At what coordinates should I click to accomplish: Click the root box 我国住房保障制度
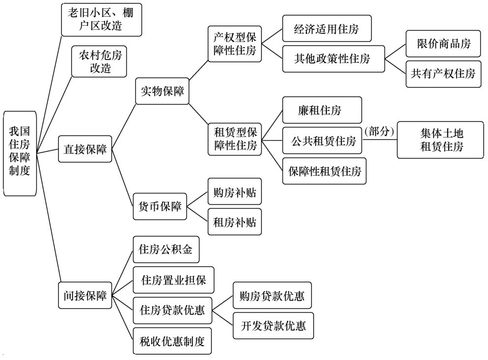(x=20, y=154)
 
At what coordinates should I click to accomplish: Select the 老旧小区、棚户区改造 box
(x=102, y=20)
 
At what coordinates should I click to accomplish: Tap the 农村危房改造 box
(x=99, y=61)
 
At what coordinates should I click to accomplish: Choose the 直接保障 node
(x=85, y=149)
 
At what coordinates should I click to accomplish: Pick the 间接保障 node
(x=85, y=295)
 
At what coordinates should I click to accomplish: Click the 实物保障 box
(x=162, y=91)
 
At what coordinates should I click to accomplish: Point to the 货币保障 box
(x=160, y=206)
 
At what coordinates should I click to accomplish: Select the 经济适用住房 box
(x=327, y=28)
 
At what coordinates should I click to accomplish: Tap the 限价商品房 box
(x=443, y=44)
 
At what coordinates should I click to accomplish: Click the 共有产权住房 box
(x=443, y=74)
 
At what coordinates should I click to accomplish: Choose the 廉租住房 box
(x=322, y=110)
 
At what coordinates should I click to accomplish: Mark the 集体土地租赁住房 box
(x=440, y=140)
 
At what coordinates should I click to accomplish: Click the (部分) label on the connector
(x=379, y=131)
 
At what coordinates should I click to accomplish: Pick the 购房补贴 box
(x=235, y=191)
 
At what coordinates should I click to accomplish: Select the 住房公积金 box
(x=166, y=249)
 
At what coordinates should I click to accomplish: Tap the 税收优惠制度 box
(x=172, y=341)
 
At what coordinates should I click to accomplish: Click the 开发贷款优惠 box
(x=273, y=326)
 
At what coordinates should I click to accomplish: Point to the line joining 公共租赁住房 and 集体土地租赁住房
(x=380, y=140)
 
